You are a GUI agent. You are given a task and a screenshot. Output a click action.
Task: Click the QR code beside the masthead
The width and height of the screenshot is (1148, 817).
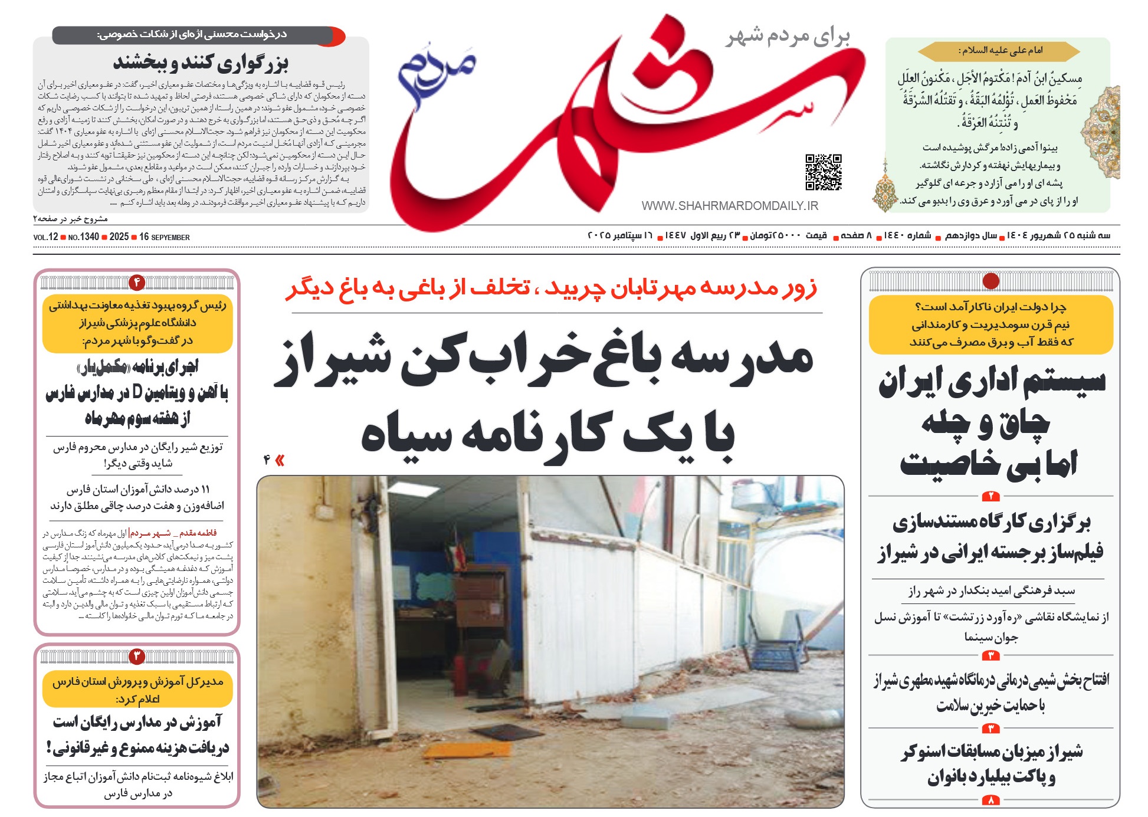[824, 172]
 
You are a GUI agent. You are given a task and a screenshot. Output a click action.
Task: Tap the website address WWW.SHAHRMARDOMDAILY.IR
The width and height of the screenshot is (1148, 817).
[730, 206]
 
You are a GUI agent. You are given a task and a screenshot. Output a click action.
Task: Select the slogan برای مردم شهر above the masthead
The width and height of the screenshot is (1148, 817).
[788, 37]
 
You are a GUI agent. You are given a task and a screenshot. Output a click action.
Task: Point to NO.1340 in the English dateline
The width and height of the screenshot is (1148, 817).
[84, 237]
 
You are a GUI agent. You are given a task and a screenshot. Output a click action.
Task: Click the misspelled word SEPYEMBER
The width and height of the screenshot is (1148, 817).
[170, 238]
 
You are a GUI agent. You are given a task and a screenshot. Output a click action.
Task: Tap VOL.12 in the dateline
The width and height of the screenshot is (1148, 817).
[45, 237]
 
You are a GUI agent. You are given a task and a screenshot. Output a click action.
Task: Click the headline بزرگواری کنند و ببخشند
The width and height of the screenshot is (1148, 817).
[201, 62]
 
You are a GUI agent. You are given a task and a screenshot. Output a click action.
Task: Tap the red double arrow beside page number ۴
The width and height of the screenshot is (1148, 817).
[280, 461]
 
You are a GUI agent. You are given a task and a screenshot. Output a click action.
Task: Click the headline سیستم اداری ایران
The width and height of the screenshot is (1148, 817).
[992, 382]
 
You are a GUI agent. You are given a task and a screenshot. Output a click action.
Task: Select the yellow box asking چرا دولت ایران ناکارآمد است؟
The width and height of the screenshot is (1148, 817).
[990, 324]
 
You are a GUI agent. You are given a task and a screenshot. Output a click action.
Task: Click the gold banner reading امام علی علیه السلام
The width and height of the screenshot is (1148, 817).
[999, 51]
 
